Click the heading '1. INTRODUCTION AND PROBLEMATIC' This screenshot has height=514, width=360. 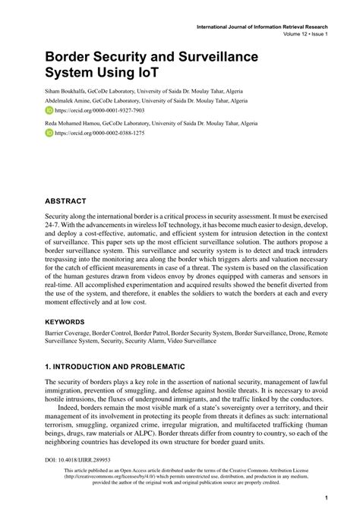tap(115, 367)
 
